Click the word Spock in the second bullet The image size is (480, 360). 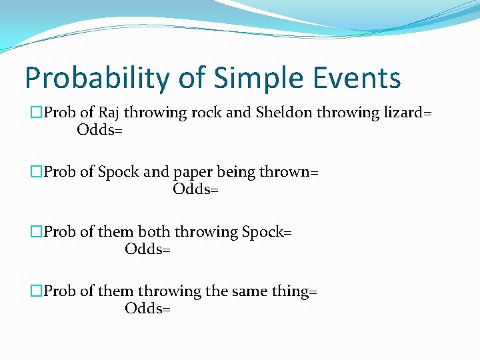(x=119, y=173)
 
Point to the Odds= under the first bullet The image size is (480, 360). (x=100, y=130)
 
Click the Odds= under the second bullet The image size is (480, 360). (x=196, y=190)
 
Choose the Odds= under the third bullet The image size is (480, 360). (x=148, y=249)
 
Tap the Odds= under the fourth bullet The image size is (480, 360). (x=148, y=309)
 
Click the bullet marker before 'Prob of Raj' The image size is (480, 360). (x=37, y=113)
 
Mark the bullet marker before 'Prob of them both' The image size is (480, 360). (x=37, y=233)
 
